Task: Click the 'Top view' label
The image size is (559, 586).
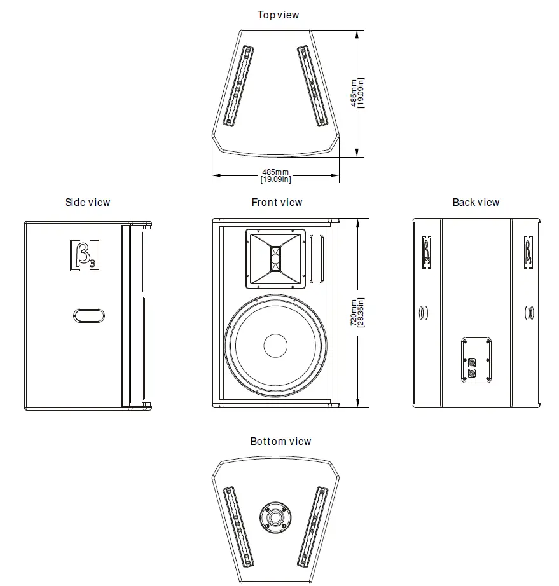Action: (x=278, y=15)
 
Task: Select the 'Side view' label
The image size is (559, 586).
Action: (x=87, y=203)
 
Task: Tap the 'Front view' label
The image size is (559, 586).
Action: (x=277, y=203)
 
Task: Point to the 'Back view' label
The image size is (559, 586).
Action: (x=476, y=203)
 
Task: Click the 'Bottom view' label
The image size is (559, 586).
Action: (x=280, y=441)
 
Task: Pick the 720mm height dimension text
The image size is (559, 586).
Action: (x=357, y=313)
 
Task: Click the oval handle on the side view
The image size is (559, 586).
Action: (x=88, y=315)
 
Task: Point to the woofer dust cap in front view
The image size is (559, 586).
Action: (x=275, y=345)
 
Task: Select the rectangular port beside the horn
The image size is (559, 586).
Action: (x=316, y=258)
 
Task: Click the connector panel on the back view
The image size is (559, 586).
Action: (x=476, y=360)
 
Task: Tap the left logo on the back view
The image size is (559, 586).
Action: (x=425, y=253)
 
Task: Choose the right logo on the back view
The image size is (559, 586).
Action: (x=528, y=253)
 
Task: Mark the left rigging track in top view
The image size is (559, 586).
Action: (x=238, y=86)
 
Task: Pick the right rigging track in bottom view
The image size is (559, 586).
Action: (x=313, y=527)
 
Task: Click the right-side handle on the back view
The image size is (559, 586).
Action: (x=528, y=312)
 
